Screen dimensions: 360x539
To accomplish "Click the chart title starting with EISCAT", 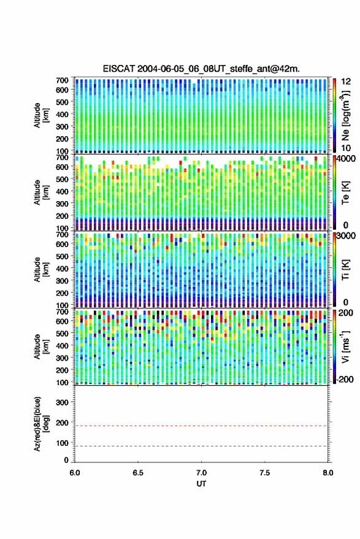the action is coord(201,69).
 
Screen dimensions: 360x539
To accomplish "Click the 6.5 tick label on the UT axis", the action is coord(138,473).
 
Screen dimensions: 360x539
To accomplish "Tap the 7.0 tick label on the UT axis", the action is coord(202,473).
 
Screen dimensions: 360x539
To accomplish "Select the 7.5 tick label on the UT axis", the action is coord(265,473).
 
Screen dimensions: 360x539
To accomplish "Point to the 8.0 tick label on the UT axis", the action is coord(328,473).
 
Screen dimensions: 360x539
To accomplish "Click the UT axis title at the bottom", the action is coord(201,484).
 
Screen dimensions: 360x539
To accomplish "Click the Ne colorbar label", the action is coord(345,115).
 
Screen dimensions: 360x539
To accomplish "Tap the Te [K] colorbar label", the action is coord(345,193).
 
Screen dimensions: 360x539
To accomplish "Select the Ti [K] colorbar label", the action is coord(345,270).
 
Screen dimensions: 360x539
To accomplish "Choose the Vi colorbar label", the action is coord(345,346).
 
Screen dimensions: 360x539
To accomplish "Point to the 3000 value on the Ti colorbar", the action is coord(347,236).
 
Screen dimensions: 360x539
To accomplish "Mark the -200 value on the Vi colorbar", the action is coord(345,379).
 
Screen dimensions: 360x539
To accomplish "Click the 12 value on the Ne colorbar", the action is coord(346,82).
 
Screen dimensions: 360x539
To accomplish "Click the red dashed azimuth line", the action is coord(202,426).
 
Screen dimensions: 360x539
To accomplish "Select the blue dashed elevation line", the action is coord(202,446).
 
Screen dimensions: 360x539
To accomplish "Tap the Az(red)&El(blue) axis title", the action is coord(40,424).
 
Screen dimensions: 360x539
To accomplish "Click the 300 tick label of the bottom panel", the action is coord(62,402).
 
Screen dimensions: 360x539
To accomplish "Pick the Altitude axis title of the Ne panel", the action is coord(40,115).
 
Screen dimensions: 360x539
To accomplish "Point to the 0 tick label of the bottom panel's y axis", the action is coord(66,460).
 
